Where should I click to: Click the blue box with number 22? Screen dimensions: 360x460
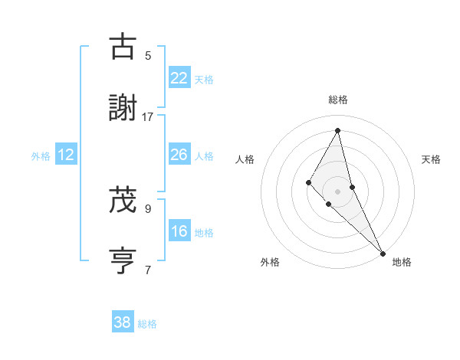pyautogui.click(x=179, y=78)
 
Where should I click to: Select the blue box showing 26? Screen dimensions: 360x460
pyautogui.click(x=179, y=155)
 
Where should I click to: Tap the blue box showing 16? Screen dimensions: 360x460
pyautogui.click(x=179, y=231)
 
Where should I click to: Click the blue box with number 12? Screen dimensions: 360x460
pyautogui.click(x=66, y=155)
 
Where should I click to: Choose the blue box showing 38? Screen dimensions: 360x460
pyautogui.click(x=123, y=322)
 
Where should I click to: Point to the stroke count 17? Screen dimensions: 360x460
pyautogui.click(x=148, y=116)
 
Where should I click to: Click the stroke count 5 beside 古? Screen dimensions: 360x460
pyautogui.click(x=148, y=55)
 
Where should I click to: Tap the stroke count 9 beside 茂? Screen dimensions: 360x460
pyautogui.click(x=148, y=208)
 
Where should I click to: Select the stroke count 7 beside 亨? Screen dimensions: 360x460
pyautogui.click(x=148, y=270)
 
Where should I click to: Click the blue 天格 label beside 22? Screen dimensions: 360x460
pyautogui.click(x=204, y=79)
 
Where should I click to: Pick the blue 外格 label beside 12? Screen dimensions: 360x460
pyautogui.click(x=41, y=155)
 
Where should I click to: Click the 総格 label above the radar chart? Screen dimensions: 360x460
pyautogui.click(x=337, y=100)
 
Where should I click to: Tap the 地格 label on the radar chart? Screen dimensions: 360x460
pyautogui.click(x=402, y=262)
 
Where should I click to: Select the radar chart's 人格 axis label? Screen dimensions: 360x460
pyautogui.click(x=245, y=159)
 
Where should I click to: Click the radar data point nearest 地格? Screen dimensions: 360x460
pyautogui.click(x=383, y=252)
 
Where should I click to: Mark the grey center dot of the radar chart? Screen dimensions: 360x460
pyautogui.click(x=337, y=191)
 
